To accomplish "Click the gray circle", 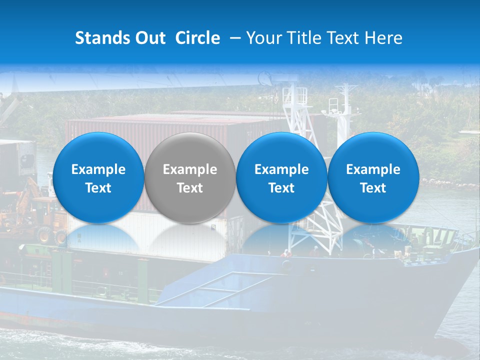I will click(189, 178).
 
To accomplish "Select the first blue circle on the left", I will click(98, 178).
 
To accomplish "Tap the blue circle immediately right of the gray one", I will click(281, 178).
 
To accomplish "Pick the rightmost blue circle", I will click(373, 178).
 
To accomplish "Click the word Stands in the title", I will click(103, 38).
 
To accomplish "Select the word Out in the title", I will click(150, 38).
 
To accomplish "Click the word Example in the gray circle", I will click(190, 169).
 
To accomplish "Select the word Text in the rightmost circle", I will click(373, 188).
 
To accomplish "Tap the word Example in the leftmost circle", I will click(98, 169).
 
